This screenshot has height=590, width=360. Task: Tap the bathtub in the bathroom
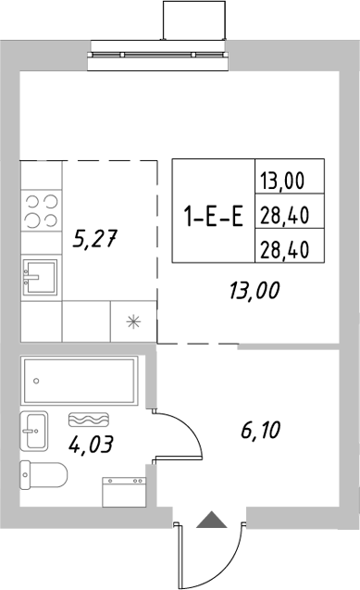click(79, 378)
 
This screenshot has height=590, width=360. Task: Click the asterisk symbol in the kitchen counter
click(133, 322)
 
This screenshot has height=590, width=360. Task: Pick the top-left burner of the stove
click(31, 200)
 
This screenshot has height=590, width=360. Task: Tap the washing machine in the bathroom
click(122, 491)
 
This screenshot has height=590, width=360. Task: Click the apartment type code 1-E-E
click(213, 218)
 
